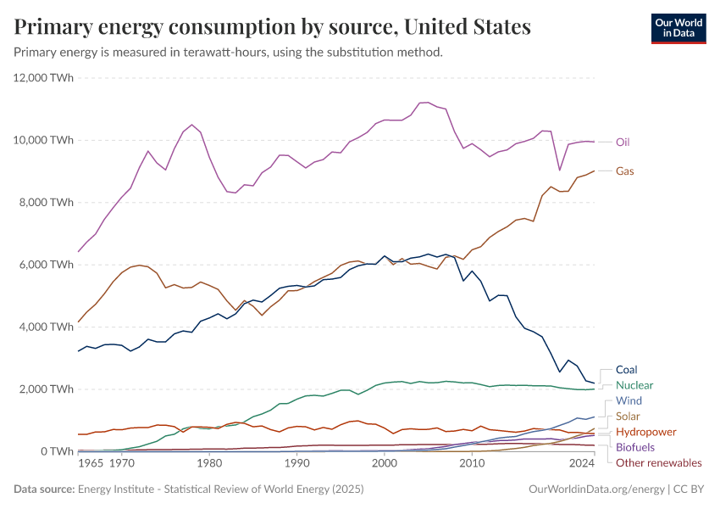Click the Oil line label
click(x=623, y=142)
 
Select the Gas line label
click(x=625, y=171)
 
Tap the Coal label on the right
click(x=627, y=370)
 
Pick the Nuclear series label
click(x=634, y=385)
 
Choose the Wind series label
click(x=629, y=400)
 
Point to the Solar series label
click(x=628, y=416)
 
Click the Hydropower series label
click(x=645, y=432)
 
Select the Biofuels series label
click(x=635, y=447)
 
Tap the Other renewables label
click(x=659, y=462)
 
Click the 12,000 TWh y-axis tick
click(x=43, y=78)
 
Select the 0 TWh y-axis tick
click(x=56, y=451)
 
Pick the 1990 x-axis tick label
click(x=296, y=465)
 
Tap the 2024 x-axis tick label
click(x=582, y=465)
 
